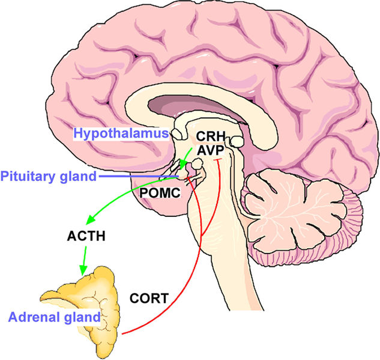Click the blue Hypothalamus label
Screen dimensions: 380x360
coord(121,133)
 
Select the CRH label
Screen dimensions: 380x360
coord(211,136)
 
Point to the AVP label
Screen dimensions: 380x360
coord(210,150)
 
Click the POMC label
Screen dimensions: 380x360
coord(160,193)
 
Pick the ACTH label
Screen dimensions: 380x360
coord(86,236)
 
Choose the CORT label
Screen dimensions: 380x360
coord(149,298)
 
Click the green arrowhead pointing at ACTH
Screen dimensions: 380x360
coord(91,219)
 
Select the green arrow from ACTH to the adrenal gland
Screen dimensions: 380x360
coord(84,261)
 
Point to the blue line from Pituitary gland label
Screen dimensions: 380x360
coord(139,176)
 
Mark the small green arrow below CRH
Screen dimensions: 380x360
coord(186,159)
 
